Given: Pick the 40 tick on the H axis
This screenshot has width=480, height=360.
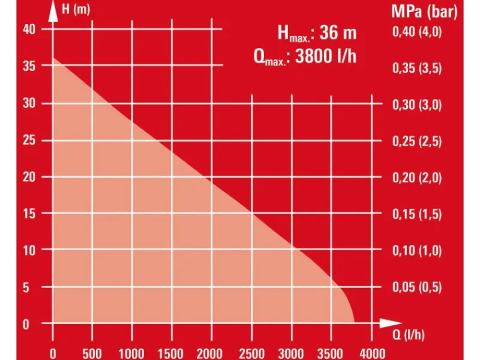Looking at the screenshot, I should click(30, 29).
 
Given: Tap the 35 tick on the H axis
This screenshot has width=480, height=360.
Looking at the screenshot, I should click(30, 67).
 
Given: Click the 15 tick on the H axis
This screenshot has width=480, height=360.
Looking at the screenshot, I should click(30, 214).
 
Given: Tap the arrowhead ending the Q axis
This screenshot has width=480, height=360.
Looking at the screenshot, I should click(387, 323).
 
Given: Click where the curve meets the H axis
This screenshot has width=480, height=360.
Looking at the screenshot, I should click(53, 58).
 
